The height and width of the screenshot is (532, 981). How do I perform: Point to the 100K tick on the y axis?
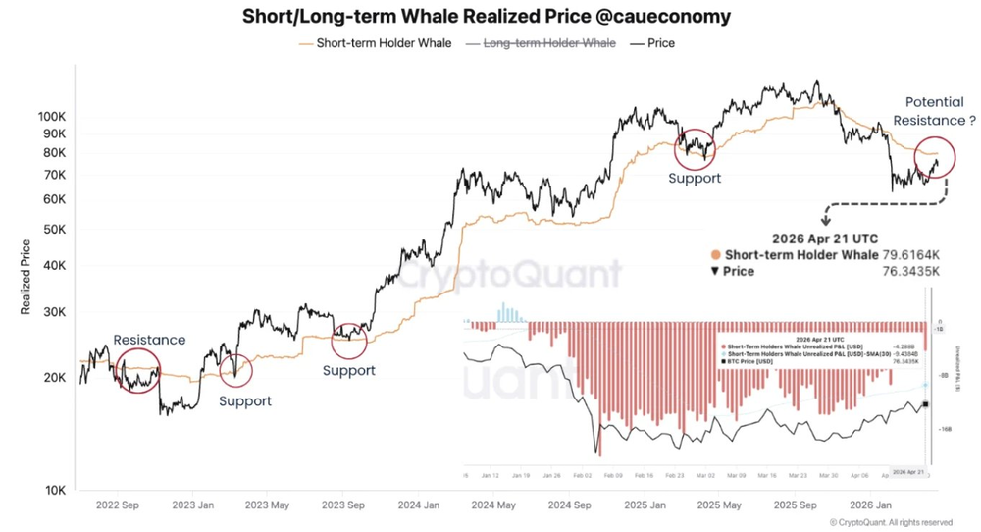50,116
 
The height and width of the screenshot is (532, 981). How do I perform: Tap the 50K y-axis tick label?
53,229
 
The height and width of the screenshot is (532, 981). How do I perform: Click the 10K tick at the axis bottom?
53,490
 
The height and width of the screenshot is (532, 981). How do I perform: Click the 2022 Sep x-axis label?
116,506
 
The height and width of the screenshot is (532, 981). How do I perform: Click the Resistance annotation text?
149,340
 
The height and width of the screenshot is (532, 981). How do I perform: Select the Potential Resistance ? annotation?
941,110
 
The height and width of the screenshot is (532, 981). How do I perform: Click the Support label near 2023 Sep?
348,370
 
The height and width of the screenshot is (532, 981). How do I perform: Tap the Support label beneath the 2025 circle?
695,178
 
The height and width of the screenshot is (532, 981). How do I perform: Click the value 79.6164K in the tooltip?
912,254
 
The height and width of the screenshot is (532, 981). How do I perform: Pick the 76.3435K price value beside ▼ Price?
912,271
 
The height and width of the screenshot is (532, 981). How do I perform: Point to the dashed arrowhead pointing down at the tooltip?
826,223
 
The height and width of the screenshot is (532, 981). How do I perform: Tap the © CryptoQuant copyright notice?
891,522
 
